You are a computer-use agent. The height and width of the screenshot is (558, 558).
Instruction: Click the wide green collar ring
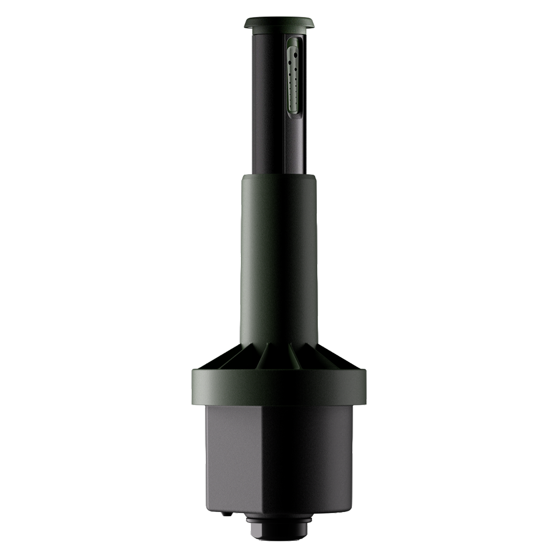click(x=279, y=387)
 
